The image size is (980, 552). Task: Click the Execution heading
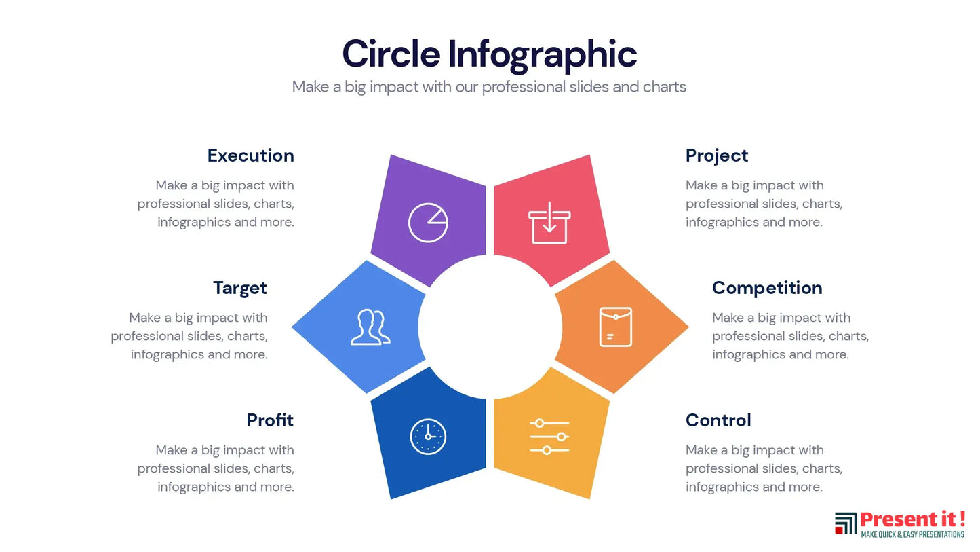click(251, 155)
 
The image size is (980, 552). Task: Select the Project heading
click(717, 156)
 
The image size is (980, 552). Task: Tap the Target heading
click(240, 289)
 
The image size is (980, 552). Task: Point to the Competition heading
click(767, 289)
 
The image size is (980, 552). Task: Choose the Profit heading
click(270, 420)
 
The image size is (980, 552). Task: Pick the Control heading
click(718, 420)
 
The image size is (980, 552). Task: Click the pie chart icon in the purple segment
click(428, 223)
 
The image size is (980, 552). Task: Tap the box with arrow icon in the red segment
click(549, 223)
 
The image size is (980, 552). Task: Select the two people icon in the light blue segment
click(370, 327)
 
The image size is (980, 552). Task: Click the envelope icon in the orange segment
click(616, 327)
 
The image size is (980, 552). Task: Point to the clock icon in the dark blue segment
click(429, 437)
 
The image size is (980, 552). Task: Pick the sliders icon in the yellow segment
click(549, 437)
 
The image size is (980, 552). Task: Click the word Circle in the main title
click(391, 54)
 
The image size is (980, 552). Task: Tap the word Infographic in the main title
click(543, 56)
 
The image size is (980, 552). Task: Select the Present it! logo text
click(913, 519)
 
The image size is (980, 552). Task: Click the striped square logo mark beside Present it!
click(846, 523)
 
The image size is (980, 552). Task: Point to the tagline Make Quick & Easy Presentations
click(913, 534)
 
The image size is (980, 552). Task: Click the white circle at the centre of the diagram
click(490, 327)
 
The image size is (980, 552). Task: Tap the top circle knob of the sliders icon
click(539, 423)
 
